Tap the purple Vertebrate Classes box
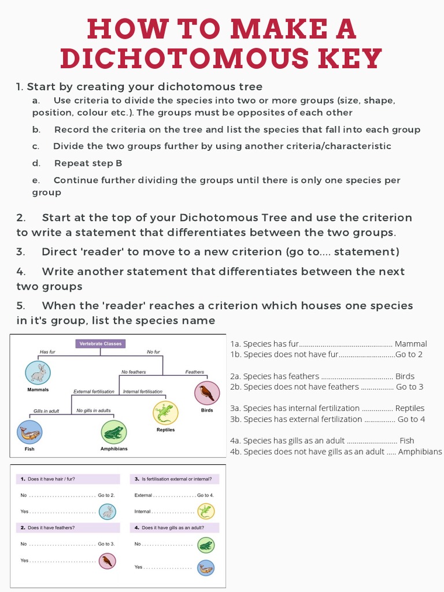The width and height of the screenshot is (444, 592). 100,343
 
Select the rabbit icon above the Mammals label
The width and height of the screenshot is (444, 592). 38,372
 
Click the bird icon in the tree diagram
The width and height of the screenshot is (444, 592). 206,393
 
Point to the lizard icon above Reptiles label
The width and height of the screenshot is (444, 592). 165,412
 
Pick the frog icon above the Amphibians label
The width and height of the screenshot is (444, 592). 113,432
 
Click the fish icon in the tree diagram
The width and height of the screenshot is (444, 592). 29,432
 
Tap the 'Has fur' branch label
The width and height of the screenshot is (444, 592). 47,352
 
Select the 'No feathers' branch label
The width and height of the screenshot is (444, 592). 134,372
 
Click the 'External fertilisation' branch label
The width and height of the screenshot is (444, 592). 94,391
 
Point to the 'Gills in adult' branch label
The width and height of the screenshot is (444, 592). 46,411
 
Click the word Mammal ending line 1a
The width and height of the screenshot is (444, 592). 410,344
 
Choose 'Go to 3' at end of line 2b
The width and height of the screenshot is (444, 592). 409,387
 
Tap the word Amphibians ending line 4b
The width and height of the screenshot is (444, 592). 420,452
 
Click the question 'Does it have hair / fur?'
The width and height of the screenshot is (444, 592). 51,479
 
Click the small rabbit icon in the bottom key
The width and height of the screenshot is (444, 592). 107,512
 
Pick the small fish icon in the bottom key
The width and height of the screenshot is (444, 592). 205,568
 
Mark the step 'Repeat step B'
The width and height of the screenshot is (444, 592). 88,163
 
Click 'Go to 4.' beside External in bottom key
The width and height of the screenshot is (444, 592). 205,495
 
